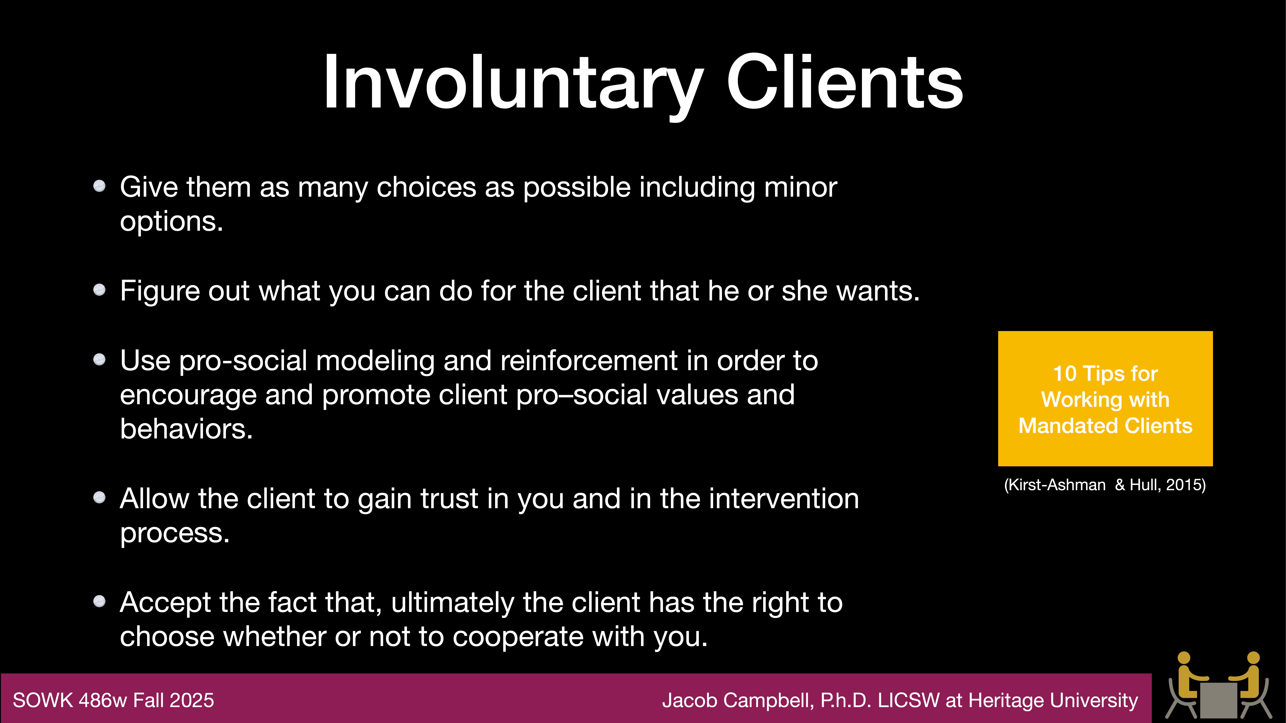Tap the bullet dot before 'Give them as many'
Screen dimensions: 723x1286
pos(99,186)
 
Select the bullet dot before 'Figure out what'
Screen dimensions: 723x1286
pos(99,290)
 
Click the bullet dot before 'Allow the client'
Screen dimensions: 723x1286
pos(99,497)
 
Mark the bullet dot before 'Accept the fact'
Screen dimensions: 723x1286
pos(99,601)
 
